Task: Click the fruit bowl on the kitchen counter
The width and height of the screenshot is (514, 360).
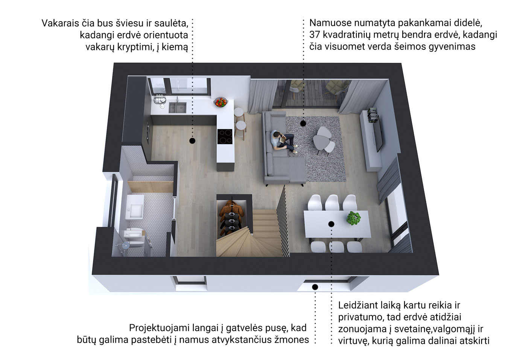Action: pyautogui.click(x=221, y=102)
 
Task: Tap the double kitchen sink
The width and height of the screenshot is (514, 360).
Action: pyautogui.click(x=178, y=107)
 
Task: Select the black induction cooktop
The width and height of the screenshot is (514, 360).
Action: pyautogui.click(x=225, y=137)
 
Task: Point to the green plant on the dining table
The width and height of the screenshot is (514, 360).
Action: pyautogui.click(x=353, y=218)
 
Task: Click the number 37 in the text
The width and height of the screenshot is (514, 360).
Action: pyautogui.click(x=315, y=35)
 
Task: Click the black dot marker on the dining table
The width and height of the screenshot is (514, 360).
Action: pyautogui.click(x=331, y=224)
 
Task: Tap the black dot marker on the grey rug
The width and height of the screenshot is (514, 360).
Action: pyautogui.click(x=303, y=124)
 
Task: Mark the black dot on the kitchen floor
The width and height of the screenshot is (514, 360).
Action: pyautogui.click(x=192, y=141)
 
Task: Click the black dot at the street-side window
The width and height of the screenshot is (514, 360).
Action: pyautogui.click(x=315, y=287)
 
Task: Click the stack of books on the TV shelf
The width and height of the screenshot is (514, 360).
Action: pyautogui.click(x=372, y=115)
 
